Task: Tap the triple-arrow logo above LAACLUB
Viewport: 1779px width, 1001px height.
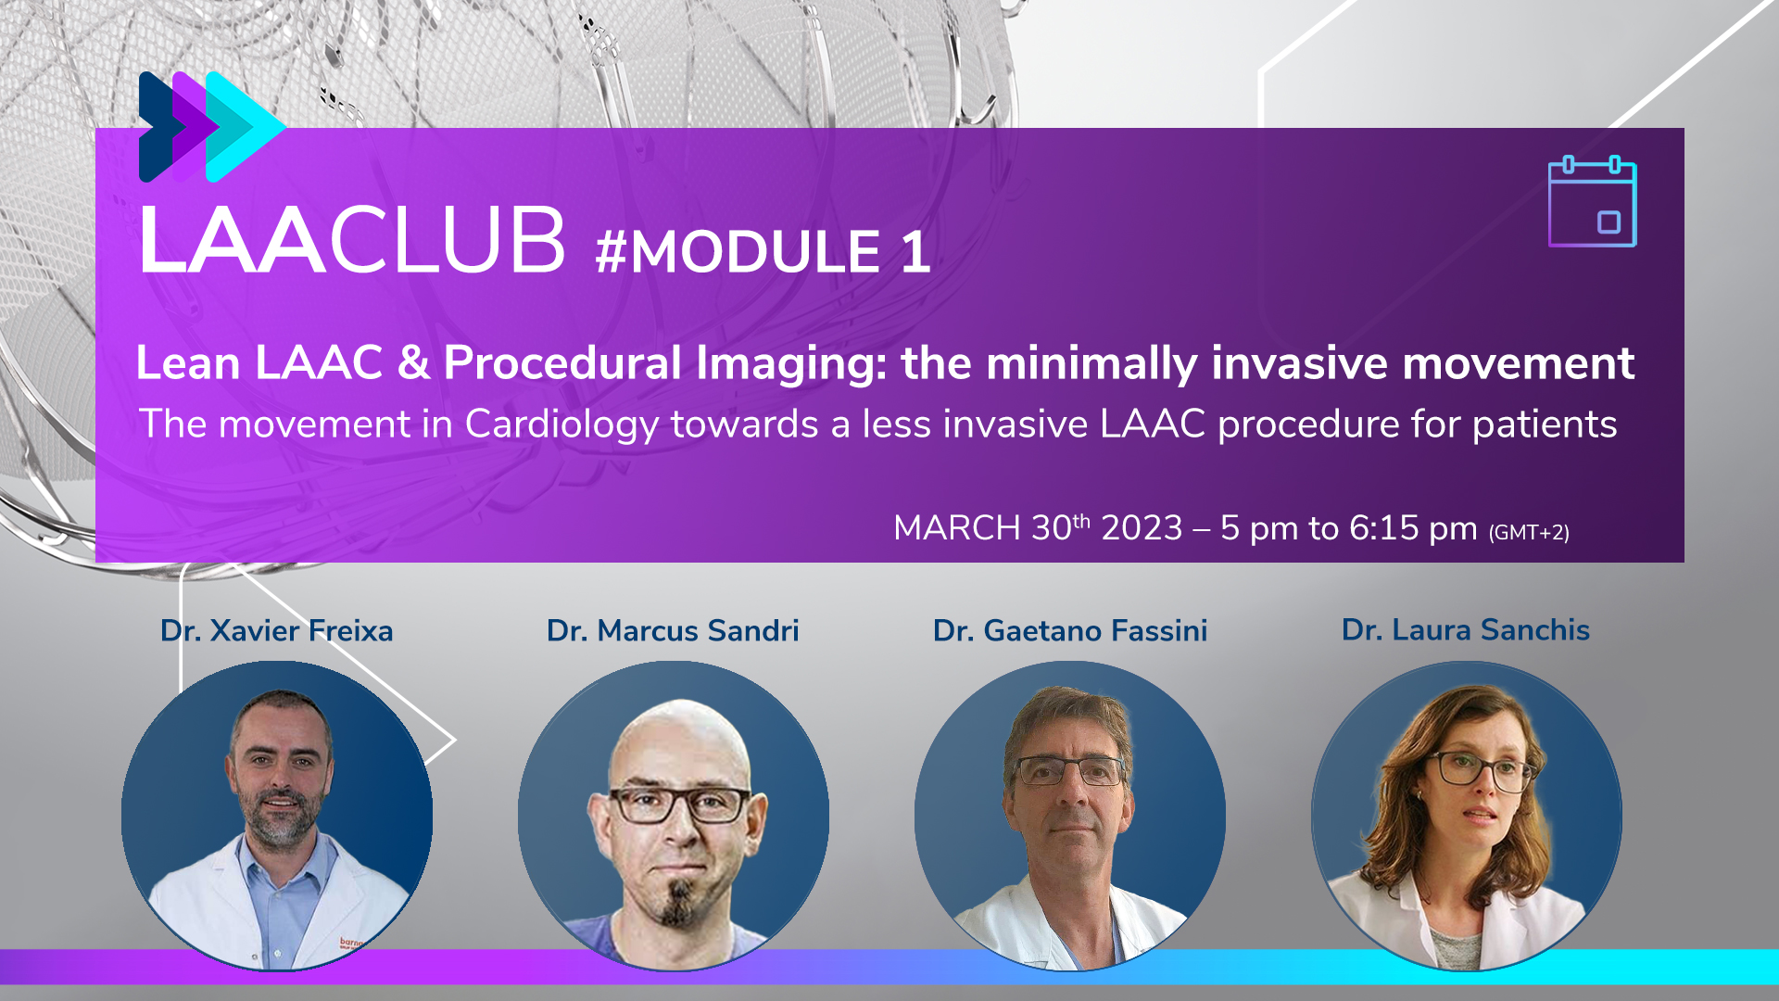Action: coord(211,127)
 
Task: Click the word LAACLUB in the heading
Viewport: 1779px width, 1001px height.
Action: coord(352,240)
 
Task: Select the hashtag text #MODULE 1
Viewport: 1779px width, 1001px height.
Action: coord(763,252)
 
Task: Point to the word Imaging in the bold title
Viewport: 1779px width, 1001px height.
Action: coord(792,363)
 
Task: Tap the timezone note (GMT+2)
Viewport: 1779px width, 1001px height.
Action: coord(1529,532)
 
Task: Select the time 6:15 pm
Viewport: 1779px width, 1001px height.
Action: coord(1413,528)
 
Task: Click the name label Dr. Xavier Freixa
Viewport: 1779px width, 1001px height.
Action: coord(276,630)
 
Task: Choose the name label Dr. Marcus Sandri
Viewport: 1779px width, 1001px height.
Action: coord(673,630)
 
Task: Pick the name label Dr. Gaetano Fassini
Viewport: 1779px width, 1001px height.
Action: coord(1070,630)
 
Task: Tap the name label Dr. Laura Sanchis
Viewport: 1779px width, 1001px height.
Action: coord(1466,629)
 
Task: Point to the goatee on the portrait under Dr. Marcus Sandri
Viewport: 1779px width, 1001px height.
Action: coord(678,904)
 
